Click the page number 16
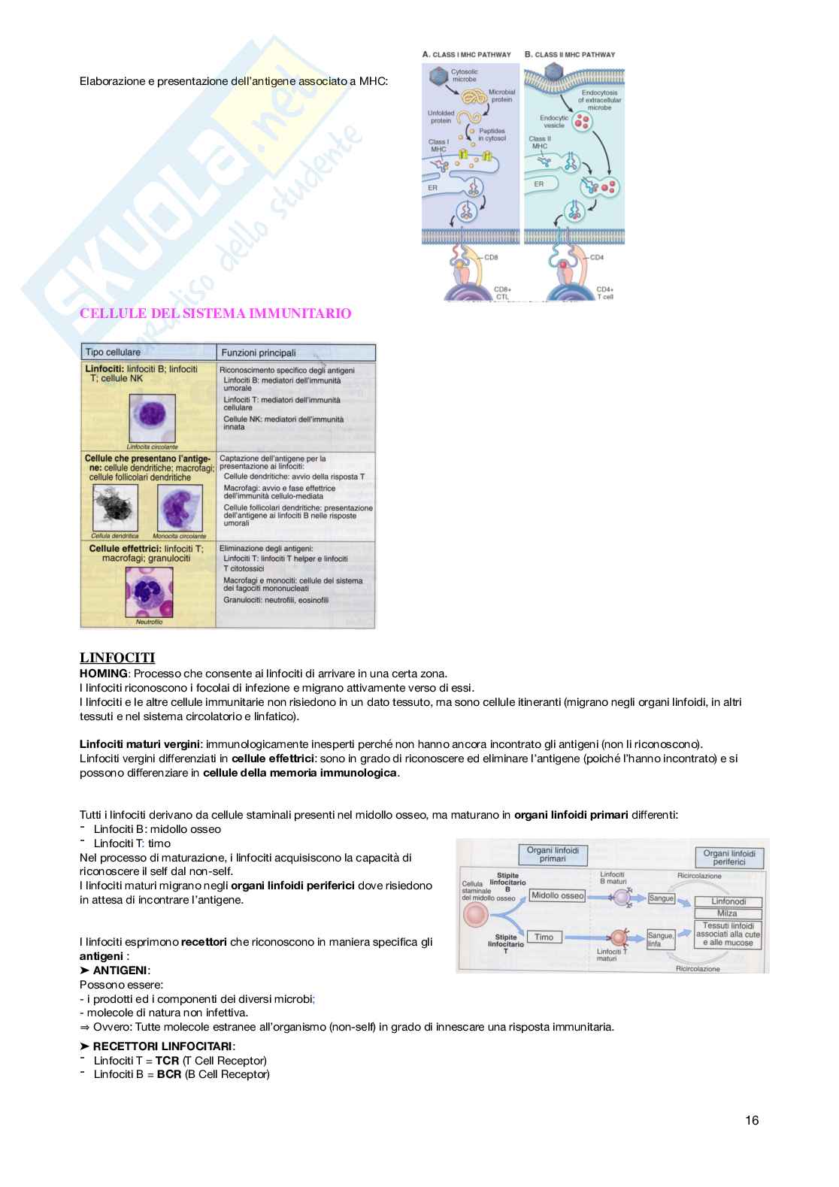pos(752,1120)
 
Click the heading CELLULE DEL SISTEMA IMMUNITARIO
pos(216,313)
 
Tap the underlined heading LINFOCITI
pos(117,659)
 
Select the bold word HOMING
pos(104,674)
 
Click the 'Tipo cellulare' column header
pos(113,352)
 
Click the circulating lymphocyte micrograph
pos(153,418)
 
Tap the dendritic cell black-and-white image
pos(115,508)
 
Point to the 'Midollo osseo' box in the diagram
pos(557,895)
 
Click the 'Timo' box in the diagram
pos(544,937)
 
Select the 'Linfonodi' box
pos(727,901)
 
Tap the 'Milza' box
pos(727,913)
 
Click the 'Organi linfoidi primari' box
pos(553,855)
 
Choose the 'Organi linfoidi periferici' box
pos(728,857)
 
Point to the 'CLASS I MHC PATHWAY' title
pos(467,54)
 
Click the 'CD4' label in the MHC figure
pos(596,258)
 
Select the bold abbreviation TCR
pos(167,1060)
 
